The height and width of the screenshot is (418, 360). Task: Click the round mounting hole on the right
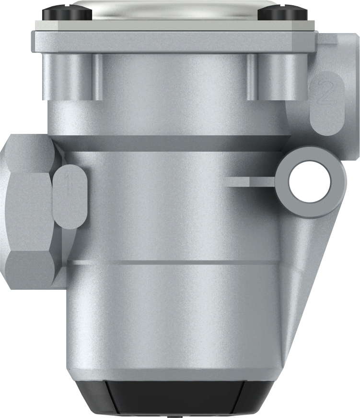[310, 181]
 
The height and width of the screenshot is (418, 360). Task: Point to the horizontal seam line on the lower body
[173, 263]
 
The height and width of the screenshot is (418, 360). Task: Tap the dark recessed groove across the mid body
[173, 143]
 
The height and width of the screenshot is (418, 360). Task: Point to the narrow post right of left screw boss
[98, 77]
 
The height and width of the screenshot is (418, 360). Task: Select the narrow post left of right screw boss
[253, 77]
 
